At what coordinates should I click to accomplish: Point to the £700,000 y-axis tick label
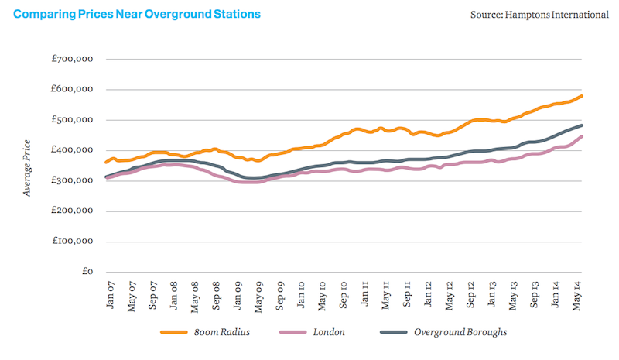[x=72, y=59]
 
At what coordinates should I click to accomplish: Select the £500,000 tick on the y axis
[x=72, y=120]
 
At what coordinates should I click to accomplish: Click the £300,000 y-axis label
[x=72, y=180]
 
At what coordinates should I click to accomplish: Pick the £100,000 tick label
[x=72, y=242]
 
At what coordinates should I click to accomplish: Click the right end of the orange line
[x=582, y=96]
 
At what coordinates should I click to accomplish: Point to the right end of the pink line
[x=582, y=137]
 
